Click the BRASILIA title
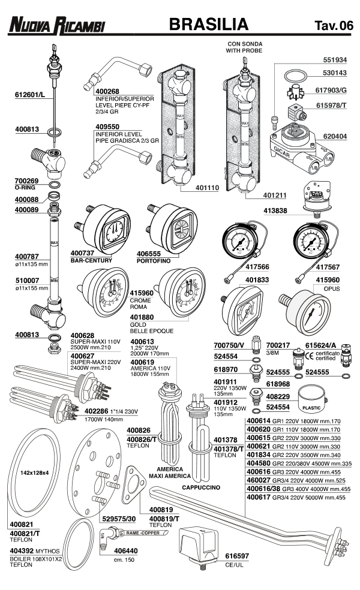tap(209, 25)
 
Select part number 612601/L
tap(31, 95)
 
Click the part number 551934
tap(335, 60)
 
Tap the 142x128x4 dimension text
tap(34, 472)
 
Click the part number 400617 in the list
tap(259, 497)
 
